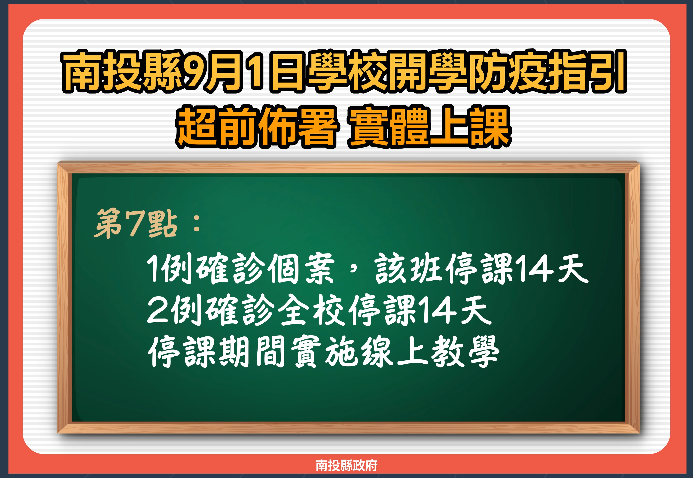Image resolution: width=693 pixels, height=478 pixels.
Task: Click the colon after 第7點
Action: click(197, 224)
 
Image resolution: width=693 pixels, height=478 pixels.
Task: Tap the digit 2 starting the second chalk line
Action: click(158, 309)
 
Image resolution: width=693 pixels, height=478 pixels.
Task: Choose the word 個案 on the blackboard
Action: click(301, 268)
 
